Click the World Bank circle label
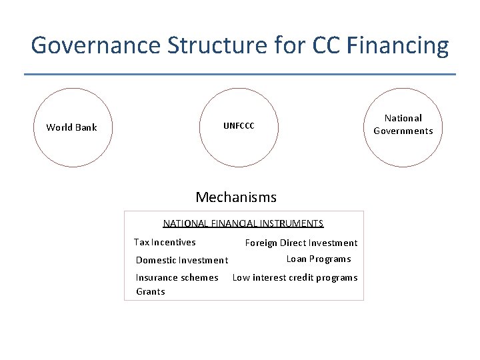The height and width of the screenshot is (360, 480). click(71, 127)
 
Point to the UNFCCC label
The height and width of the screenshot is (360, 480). click(239, 126)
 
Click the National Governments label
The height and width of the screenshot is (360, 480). click(403, 125)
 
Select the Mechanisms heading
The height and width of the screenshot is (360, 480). click(236, 197)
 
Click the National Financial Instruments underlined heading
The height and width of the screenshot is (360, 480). click(243, 224)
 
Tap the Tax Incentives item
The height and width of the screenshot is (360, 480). click(165, 242)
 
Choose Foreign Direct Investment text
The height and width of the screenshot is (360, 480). click(301, 243)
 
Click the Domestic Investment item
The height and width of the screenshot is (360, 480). click(182, 260)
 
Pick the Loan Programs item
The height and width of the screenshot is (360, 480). click(319, 259)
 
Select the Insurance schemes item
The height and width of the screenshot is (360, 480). click(177, 277)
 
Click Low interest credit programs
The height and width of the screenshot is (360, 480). click(295, 277)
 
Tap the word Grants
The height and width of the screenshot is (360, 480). click(151, 291)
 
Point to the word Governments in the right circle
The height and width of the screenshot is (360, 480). click(403, 131)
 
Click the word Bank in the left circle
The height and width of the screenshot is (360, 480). click(85, 127)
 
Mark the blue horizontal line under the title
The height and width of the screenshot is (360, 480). click(240, 74)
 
